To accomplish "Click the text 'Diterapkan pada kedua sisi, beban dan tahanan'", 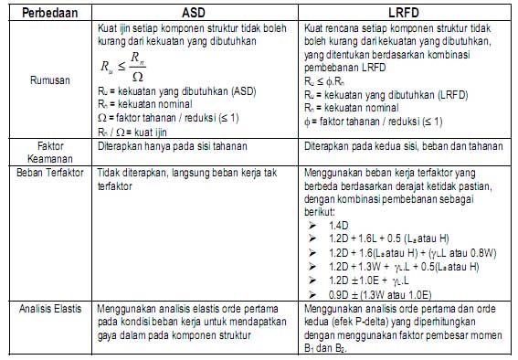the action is pyautogui.click(x=402, y=146).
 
